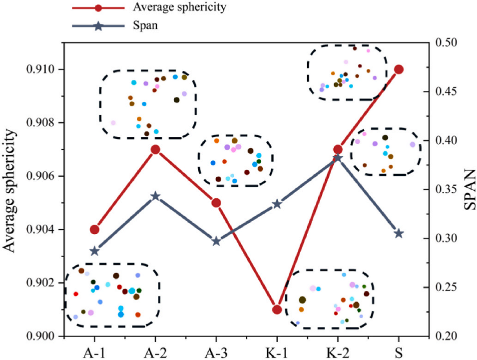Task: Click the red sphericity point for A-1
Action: point(94,230)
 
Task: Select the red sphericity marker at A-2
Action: point(155,149)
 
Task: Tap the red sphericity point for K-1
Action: point(277,310)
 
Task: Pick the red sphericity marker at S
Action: point(399,69)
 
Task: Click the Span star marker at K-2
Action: point(338,158)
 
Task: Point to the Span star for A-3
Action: point(216,241)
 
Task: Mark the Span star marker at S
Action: point(399,233)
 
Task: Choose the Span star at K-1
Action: point(277,204)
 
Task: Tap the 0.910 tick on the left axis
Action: point(39,69)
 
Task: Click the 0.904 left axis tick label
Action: point(39,230)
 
